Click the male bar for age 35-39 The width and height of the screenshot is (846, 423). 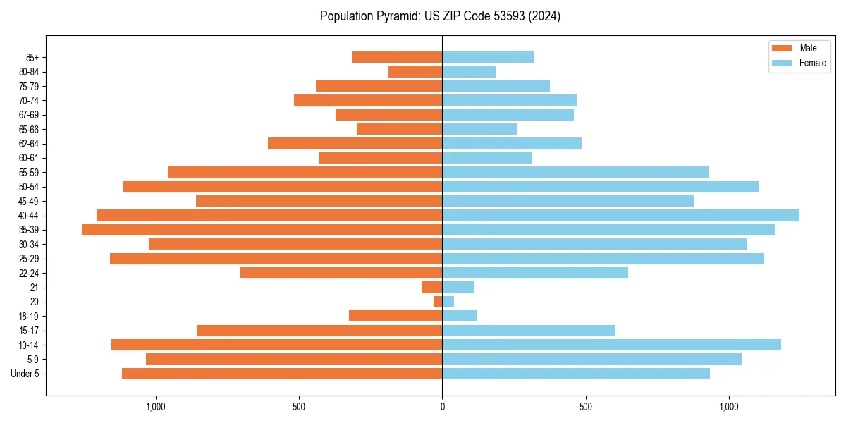coord(262,230)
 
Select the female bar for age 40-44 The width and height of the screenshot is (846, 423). coord(620,216)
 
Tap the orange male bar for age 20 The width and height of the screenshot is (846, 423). coord(438,302)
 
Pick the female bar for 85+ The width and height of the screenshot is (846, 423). coord(488,57)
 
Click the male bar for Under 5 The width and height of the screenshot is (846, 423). coord(282,374)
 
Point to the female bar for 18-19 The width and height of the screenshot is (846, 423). coord(459,316)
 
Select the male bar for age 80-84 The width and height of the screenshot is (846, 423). coord(415,72)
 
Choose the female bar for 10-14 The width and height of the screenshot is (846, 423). coord(611,345)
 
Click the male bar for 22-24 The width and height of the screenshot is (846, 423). coord(341,273)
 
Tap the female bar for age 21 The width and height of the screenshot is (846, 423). coord(458,288)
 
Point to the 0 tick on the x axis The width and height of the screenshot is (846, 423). coord(442,407)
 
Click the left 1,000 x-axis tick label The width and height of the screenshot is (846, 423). coord(155,407)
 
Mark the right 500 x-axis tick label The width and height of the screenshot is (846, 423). coord(585,407)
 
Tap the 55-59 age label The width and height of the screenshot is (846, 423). coord(29,173)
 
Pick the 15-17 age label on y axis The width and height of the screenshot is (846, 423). coord(29,331)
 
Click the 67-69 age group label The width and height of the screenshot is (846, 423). coord(29,115)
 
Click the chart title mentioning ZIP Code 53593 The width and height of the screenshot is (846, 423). coord(440,16)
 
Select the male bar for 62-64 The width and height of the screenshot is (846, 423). coord(355,144)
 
